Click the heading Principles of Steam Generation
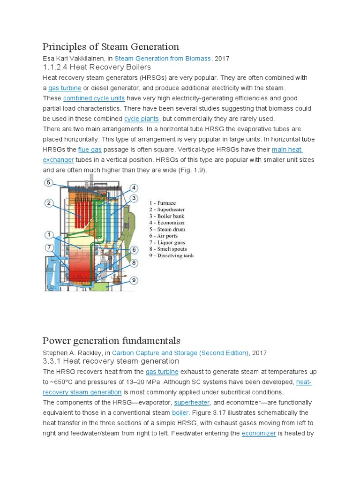click(x=111, y=47)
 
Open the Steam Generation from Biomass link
click(x=162, y=59)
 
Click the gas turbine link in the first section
click(x=65, y=88)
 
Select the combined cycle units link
click(x=94, y=98)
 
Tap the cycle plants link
click(x=142, y=119)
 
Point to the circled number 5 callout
click(x=49, y=182)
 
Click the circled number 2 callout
click(x=49, y=203)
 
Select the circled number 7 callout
click(x=49, y=247)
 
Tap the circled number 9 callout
click(x=134, y=280)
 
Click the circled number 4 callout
click(x=134, y=188)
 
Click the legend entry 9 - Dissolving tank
click(x=171, y=255)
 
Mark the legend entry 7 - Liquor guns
click(x=167, y=242)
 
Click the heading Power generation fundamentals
click(x=111, y=340)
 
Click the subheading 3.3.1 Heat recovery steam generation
click(x=111, y=361)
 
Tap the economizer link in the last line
click(x=259, y=434)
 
